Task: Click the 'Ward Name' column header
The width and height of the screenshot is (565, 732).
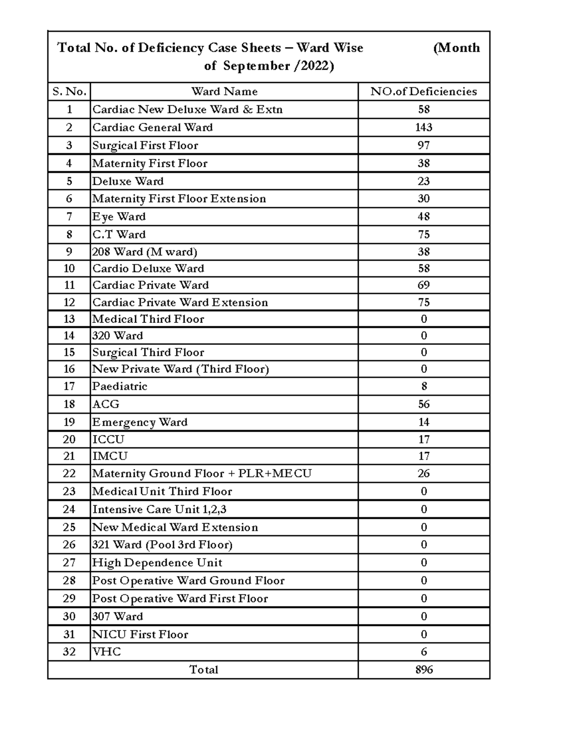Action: (224, 91)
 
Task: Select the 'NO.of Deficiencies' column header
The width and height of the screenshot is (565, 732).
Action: (423, 91)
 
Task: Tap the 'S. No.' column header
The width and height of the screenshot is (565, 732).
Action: (69, 91)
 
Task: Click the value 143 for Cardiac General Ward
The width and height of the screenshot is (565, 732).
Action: (423, 127)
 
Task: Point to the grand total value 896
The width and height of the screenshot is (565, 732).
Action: (424, 669)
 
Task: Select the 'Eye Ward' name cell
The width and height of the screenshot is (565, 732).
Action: (119, 217)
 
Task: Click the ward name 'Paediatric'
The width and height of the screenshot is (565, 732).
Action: (120, 387)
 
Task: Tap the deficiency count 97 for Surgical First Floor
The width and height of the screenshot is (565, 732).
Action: (423, 145)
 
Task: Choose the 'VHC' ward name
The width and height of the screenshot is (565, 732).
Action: (106, 652)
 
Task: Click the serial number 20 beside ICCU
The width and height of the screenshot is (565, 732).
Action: (69, 439)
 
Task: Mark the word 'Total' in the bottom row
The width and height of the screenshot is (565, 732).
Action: (203, 669)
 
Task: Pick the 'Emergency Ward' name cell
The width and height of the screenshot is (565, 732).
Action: (140, 422)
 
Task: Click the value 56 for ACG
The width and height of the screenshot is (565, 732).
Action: (423, 404)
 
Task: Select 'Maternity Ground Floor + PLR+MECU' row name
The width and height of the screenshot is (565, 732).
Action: (202, 473)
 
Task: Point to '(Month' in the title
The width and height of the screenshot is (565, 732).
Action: (456, 48)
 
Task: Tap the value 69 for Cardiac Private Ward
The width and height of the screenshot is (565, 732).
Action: (423, 285)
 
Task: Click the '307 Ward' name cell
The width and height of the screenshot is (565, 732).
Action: (117, 616)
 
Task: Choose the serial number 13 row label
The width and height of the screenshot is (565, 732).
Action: (69, 319)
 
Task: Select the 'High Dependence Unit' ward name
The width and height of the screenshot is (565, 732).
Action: (157, 563)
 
